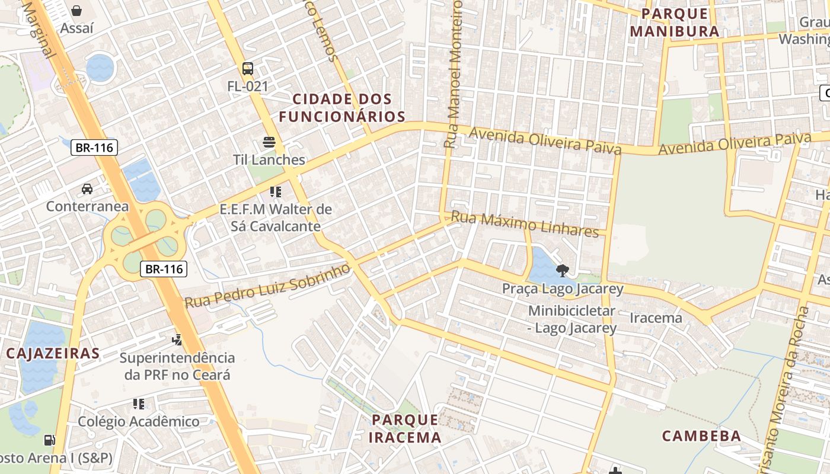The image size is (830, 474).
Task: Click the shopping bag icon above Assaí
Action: point(76,10)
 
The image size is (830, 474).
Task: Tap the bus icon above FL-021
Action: point(248,69)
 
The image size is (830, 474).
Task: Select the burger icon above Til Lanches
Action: point(269,142)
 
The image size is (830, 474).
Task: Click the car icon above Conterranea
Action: point(87,189)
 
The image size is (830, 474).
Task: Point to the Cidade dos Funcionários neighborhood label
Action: point(342,108)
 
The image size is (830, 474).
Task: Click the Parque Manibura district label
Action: point(675,23)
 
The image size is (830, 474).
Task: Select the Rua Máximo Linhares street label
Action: point(525,224)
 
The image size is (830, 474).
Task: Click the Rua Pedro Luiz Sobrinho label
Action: point(267,286)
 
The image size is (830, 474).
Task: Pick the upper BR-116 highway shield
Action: point(94,148)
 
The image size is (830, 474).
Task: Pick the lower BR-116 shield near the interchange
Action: point(164,269)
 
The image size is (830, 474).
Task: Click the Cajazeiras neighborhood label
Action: point(53,354)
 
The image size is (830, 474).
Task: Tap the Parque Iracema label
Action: point(405,429)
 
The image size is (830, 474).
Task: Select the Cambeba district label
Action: point(701,436)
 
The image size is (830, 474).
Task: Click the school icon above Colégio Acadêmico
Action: point(139,404)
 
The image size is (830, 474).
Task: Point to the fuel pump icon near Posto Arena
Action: point(50,440)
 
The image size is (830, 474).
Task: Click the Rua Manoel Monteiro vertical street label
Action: point(453,74)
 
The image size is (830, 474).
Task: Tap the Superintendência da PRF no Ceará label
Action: point(177,366)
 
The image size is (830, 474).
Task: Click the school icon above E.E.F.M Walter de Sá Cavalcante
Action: point(275,191)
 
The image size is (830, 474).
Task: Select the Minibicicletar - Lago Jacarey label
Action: point(572,319)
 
